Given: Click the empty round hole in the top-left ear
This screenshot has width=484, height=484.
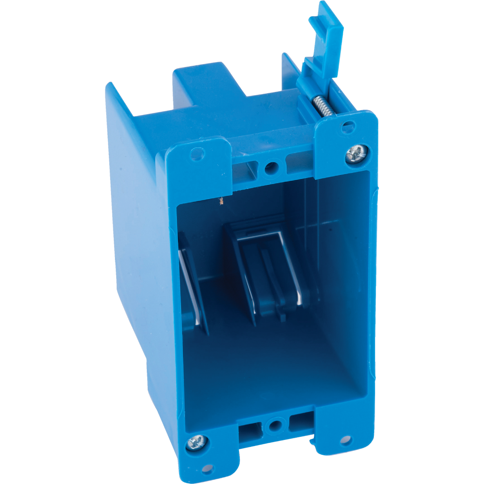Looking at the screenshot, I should (197, 154).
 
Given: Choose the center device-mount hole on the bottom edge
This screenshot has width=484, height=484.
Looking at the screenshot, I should (275, 425).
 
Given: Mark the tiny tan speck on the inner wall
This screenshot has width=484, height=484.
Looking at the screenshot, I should (221, 200).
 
